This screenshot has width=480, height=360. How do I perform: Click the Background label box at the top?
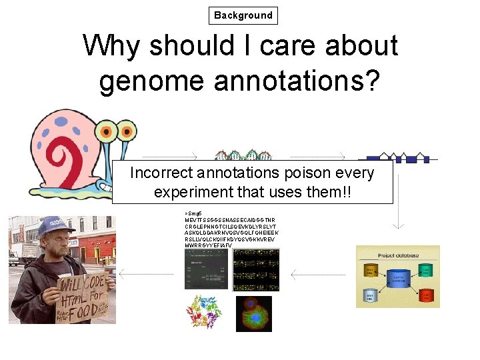(x=243, y=15)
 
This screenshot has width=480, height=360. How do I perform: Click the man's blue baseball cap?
(x=55, y=229)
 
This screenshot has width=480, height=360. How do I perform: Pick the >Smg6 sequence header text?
(x=194, y=213)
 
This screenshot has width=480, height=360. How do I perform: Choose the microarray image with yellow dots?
(x=256, y=270)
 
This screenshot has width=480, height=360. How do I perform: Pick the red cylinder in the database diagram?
(x=424, y=295)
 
